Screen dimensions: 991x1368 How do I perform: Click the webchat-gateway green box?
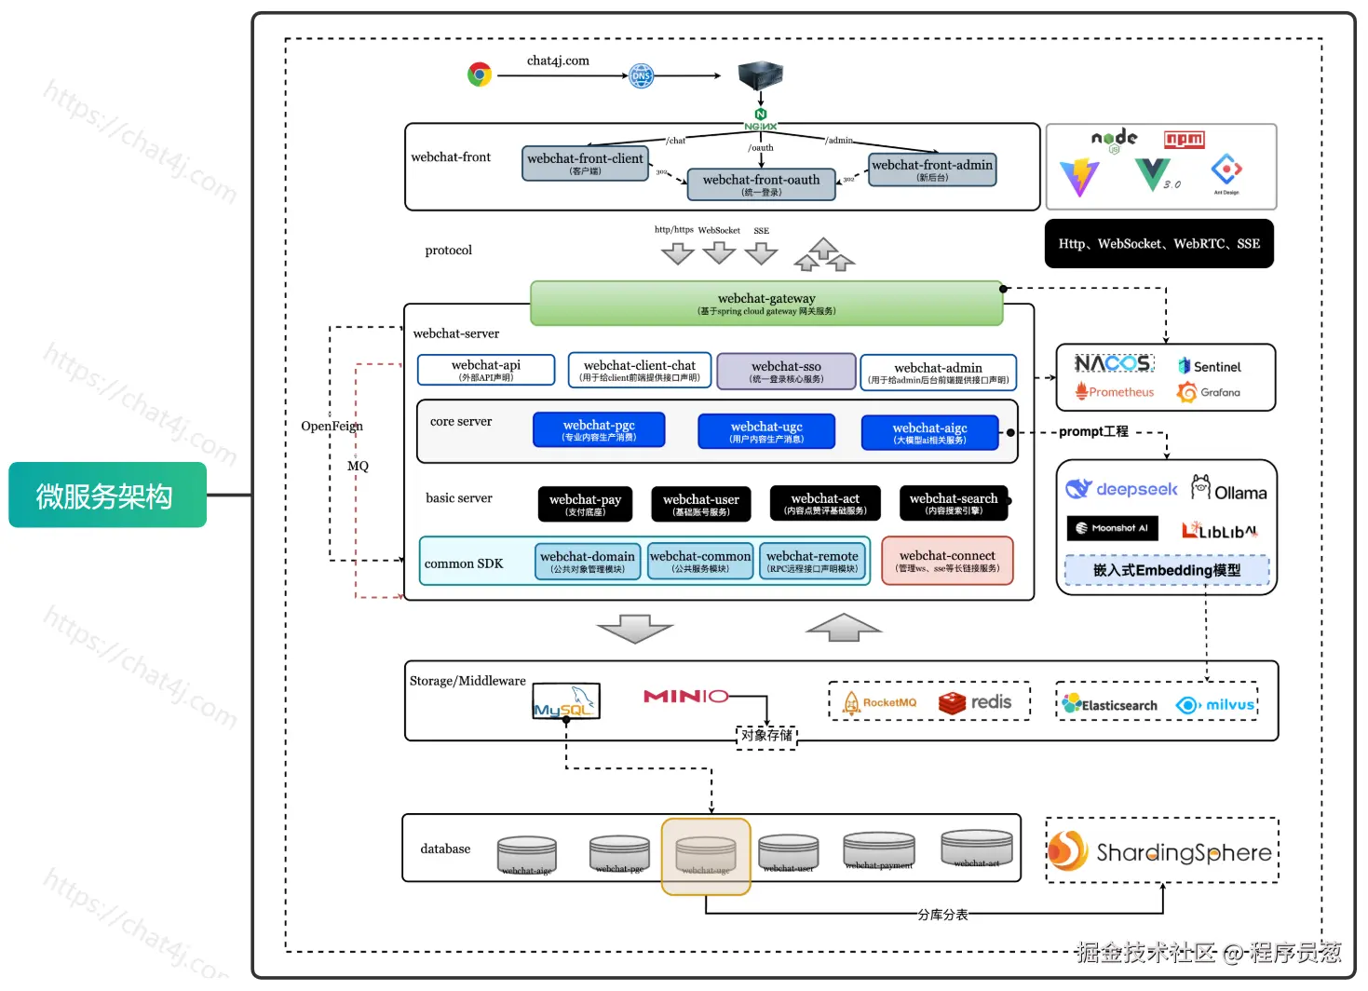(x=766, y=304)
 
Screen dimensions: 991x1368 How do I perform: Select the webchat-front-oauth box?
(x=761, y=184)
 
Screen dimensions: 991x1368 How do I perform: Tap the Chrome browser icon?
(x=480, y=75)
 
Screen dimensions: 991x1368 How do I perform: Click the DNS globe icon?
(x=642, y=75)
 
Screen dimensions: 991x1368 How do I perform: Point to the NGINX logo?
(x=761, y=120)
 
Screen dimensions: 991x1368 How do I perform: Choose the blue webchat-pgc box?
(x=599, y=429)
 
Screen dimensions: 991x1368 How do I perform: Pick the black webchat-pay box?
(x=585, y=504)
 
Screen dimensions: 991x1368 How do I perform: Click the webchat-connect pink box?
(x=947, y=561)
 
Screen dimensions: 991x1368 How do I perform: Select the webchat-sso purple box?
(x=786, y=371)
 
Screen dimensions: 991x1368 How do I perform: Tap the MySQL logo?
(x=565, y=701)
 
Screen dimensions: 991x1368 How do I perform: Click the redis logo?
(x=975, y=702)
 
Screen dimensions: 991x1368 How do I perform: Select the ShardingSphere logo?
(x=1160, y=851)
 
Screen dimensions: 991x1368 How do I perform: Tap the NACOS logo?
(x=1113, y=363)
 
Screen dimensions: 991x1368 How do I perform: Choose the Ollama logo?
(x=1229, y=489)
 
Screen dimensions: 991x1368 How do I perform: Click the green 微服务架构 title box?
(x=107, y=495)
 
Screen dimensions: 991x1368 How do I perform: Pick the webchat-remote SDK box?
(x=812, y=561)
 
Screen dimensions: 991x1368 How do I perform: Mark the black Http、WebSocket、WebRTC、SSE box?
(x=1158, y=244)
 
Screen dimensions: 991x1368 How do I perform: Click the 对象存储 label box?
(x=766, y=736)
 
